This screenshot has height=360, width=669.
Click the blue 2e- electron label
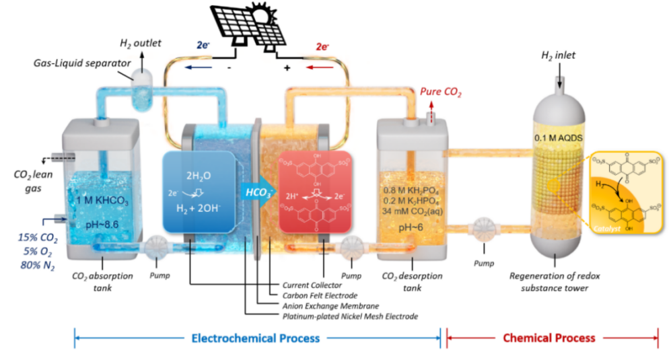pos(206,47)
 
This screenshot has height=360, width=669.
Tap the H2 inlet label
pos(558,55)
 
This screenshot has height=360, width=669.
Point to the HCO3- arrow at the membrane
pos(256,192)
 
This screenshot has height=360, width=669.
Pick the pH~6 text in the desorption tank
pos(408,227)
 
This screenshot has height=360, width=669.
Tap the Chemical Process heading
pos(549,338)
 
